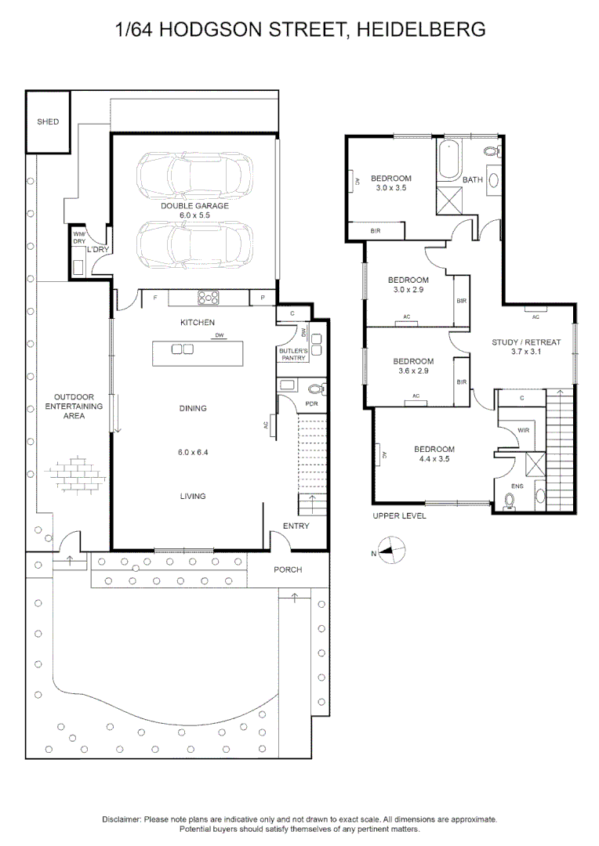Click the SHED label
point(48,122)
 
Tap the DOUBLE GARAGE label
point(194,205)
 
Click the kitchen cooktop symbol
point(209,297)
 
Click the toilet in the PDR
point(315,387)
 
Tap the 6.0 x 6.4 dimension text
point(193,452)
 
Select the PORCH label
point(288,569)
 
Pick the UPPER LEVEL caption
point(400,517)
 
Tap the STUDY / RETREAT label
point(526,342)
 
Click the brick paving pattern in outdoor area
point(76,473)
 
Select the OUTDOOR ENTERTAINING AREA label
point(74,407)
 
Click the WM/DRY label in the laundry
point(78,237)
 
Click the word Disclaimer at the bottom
point(122,819)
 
